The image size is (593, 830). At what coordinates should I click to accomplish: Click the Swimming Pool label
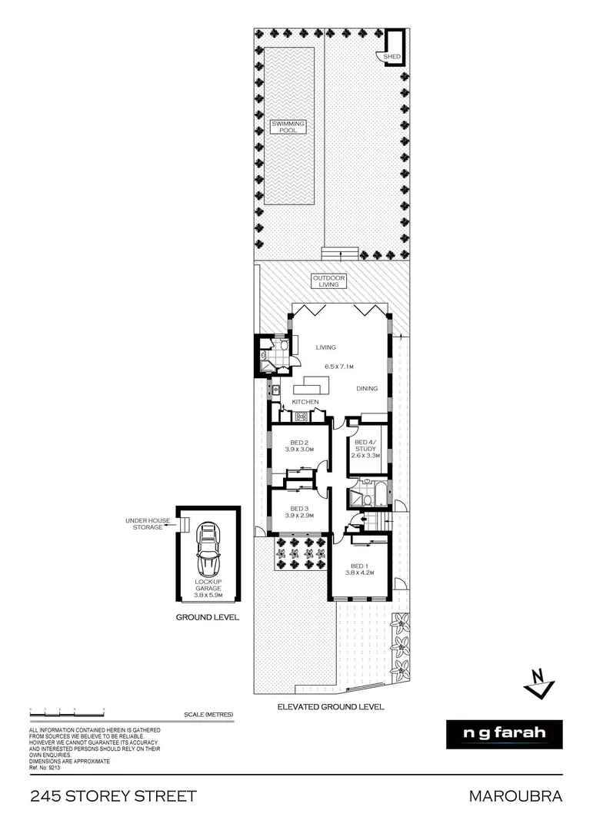pos(288,127)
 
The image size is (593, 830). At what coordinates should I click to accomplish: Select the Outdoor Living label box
pos(329,281)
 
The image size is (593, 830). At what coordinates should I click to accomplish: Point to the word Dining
pos(367,389)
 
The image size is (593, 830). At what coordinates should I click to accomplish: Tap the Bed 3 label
pos(299,512)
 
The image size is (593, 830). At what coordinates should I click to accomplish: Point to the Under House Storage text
pos(144,523)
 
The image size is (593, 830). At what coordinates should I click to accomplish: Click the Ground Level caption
pos(208,617)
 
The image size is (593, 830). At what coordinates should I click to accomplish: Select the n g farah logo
pos(504,733)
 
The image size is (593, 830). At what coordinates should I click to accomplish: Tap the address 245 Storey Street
pos(113,796)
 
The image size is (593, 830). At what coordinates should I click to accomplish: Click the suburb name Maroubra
pos(515,796)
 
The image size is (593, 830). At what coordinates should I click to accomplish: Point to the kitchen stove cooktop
pos(301,417)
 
